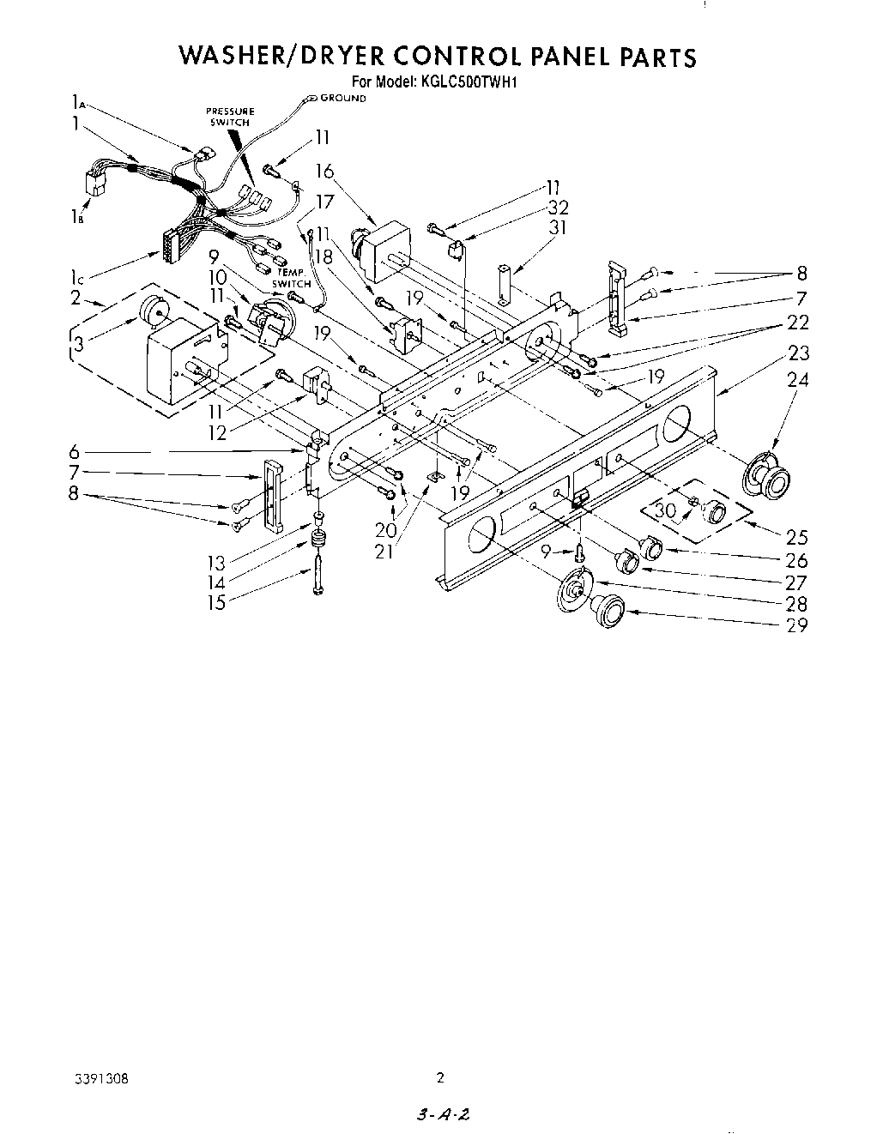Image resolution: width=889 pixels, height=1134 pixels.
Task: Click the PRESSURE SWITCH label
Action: click(229, 117)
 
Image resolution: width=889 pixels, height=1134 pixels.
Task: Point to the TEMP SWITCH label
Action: click(291, 278)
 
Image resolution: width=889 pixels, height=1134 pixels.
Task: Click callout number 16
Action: click(324, 172)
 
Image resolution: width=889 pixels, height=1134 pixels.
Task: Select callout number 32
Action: click(559, 208)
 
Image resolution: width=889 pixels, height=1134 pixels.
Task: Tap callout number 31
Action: click(559, 227)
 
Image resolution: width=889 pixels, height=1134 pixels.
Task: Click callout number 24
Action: click(798, 378)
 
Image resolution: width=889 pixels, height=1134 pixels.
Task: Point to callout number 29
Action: click(797, 625)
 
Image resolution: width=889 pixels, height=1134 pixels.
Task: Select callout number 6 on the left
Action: click(75, 452)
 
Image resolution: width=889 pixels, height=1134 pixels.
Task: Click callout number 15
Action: click(217, 603)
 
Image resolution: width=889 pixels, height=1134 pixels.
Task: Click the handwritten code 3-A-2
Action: click(443, 1116)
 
